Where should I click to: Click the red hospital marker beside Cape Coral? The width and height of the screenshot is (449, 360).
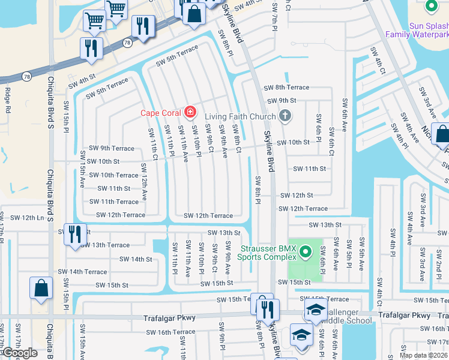point(190,112)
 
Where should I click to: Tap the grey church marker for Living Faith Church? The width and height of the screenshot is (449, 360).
point(285,116)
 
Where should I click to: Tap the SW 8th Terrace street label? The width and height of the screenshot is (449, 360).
point(286,87)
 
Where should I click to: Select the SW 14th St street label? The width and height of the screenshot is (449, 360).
point(136,259)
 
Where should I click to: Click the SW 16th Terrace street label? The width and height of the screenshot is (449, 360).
point(172,332)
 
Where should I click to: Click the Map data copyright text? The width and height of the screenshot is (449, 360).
point(423,355)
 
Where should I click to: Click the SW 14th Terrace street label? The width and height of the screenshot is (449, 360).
point(88,272)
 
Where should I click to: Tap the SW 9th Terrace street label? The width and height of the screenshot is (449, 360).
point(112,148)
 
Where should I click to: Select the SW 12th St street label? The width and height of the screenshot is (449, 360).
point(296,195)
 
